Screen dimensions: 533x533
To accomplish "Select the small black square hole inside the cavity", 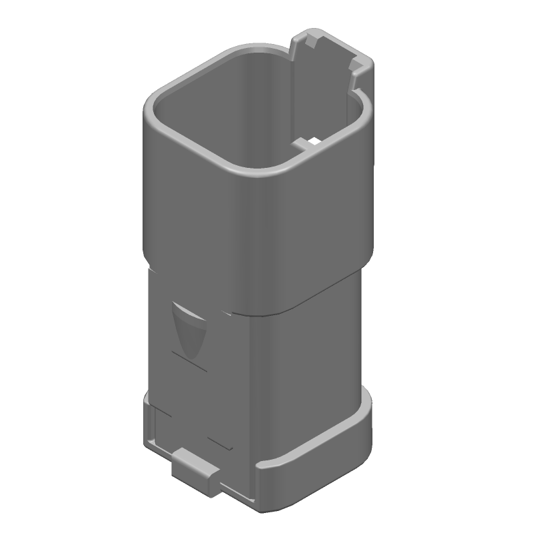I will pos(311,141).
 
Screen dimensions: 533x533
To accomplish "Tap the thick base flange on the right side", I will pos(320,466).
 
